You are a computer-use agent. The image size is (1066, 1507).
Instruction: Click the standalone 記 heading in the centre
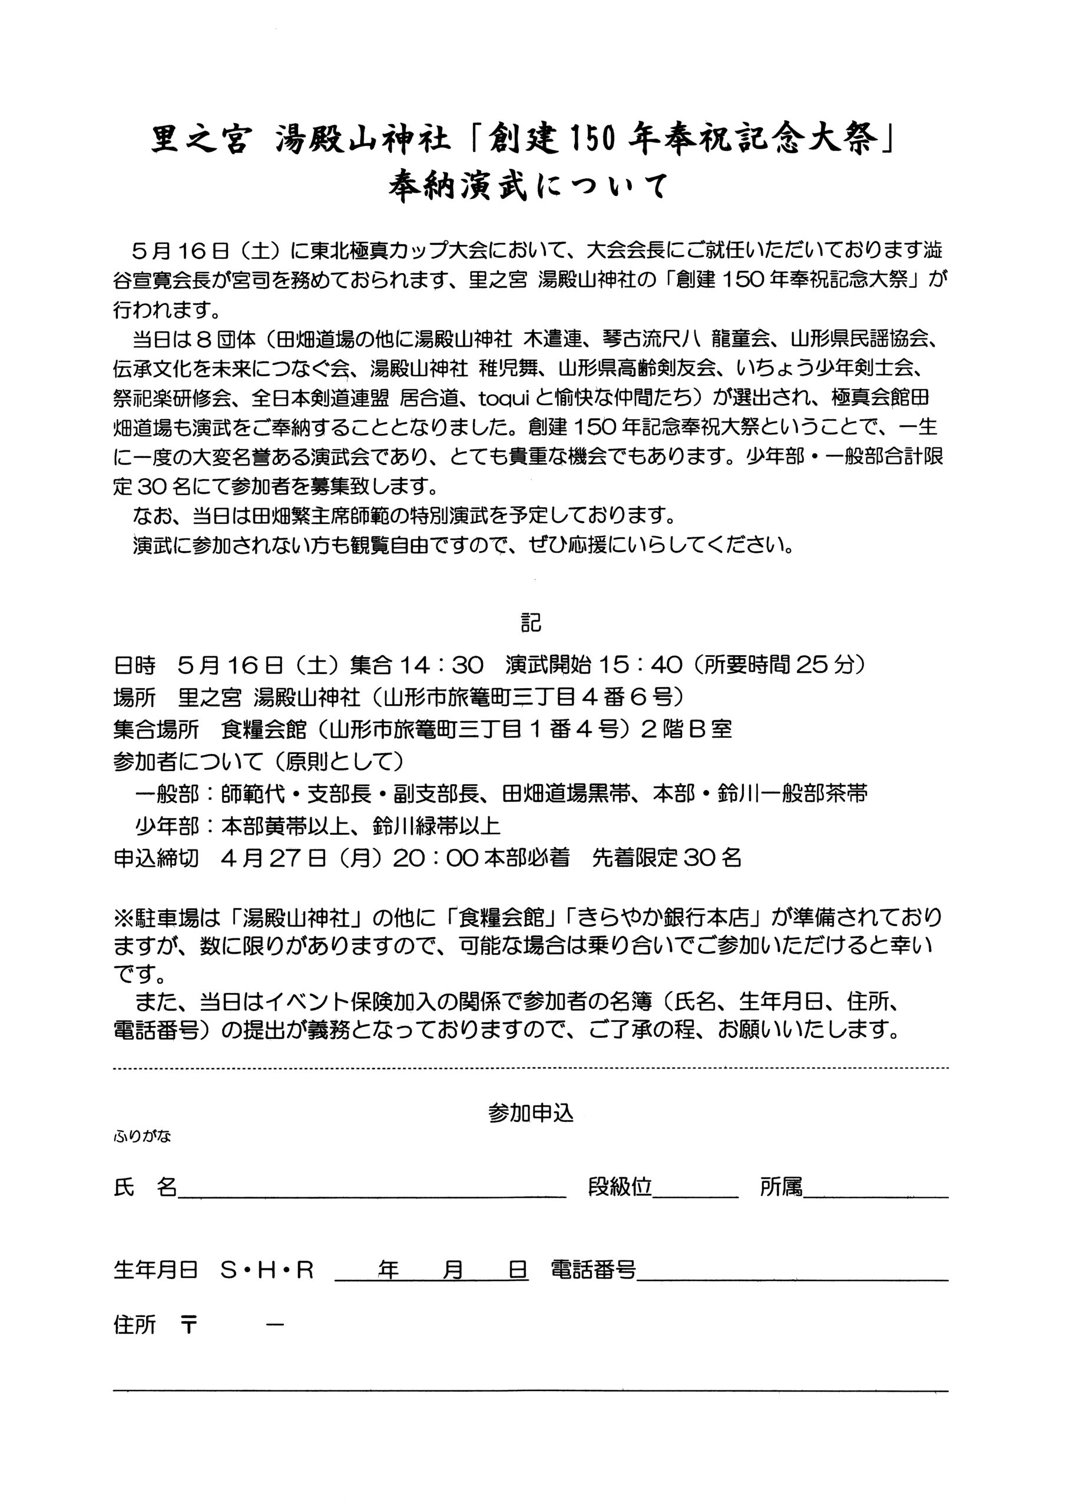pos(531,622)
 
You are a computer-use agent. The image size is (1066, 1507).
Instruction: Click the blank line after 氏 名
pos(372,1197)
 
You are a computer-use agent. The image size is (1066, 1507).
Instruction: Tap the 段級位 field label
pos(620,1187)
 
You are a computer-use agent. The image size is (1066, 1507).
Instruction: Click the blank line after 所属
pos(876,1197)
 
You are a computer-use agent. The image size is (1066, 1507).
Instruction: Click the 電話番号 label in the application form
pos(594,1271)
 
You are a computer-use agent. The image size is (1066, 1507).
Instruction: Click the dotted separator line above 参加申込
pos(531,1068)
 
